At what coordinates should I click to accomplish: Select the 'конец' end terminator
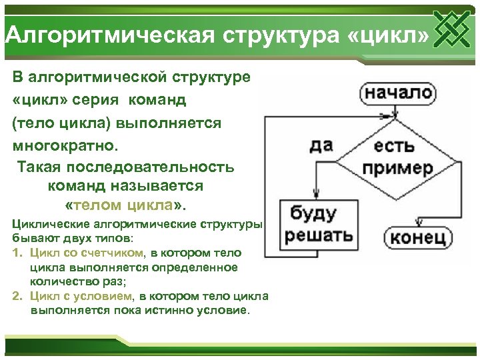[x=418, y=238]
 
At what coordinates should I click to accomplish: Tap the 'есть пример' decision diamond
[x=397, y=157]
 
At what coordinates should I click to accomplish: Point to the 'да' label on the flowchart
[x=321, y=144]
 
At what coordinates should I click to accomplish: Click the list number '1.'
[x=17, y=253]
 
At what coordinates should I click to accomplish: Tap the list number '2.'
[x=17, y=296]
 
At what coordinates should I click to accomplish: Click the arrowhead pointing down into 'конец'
[x=418, y=223]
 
